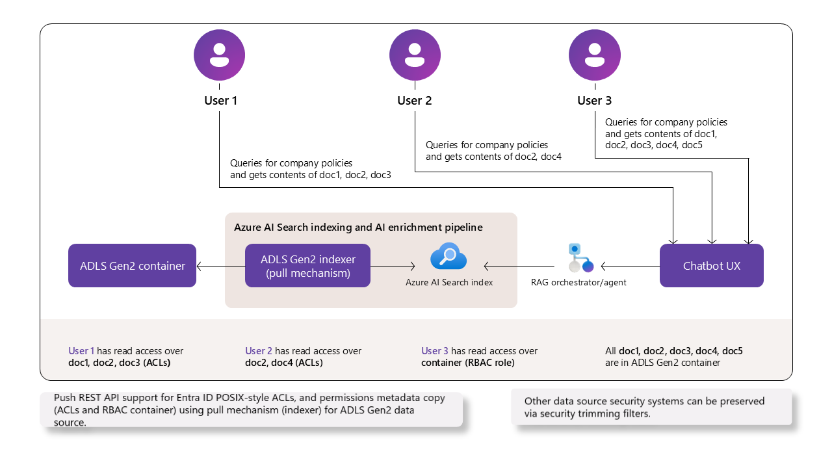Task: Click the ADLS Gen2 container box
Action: (x=132, y=265)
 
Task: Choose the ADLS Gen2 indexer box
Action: (x=307, y=265)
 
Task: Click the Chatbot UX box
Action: (x=711, y=265)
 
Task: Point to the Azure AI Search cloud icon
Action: (x=448, y=257)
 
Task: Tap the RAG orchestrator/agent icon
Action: (x=580, y=258)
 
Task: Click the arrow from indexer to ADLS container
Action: (x=220, y=265)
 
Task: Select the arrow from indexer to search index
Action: (x=393, y=265)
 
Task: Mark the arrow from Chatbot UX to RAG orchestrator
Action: (x=630, y=265)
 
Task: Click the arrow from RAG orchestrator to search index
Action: (x=519, y=265)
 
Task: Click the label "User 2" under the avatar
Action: (x=415, y=101)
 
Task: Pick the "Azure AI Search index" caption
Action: (x=449, y=282)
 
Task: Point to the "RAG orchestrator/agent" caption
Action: (x=578, y=282)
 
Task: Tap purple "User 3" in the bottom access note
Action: (x=435, y=351)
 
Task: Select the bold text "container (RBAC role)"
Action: (x=467, y=363)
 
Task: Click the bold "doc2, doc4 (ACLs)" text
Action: (x=284, y=363)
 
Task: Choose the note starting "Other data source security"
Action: (x=644, y=407)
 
